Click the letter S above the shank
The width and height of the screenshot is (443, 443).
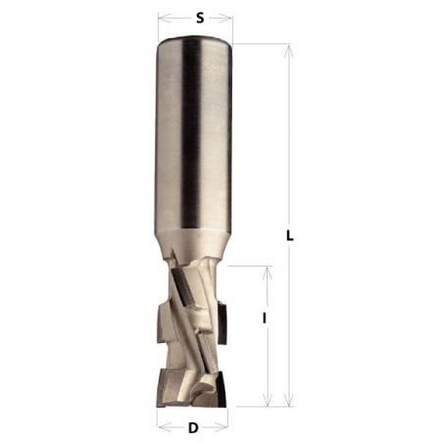[x=200, y=17]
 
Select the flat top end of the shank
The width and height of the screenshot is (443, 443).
[x=195, y=38]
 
